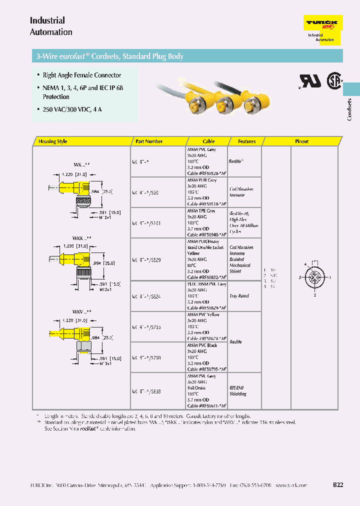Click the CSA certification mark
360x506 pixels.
(333, 80)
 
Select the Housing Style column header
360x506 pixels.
(52, 141)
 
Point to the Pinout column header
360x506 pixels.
(301, 141)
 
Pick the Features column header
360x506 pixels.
(246, 141)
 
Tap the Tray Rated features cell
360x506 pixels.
(239, 296)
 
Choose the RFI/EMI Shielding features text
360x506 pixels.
(238, 390)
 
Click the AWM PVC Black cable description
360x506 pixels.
(202, 345)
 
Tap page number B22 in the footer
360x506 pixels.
(338, 485)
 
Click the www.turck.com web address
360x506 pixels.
(291, 485)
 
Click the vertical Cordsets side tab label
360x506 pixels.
(349, 109)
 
